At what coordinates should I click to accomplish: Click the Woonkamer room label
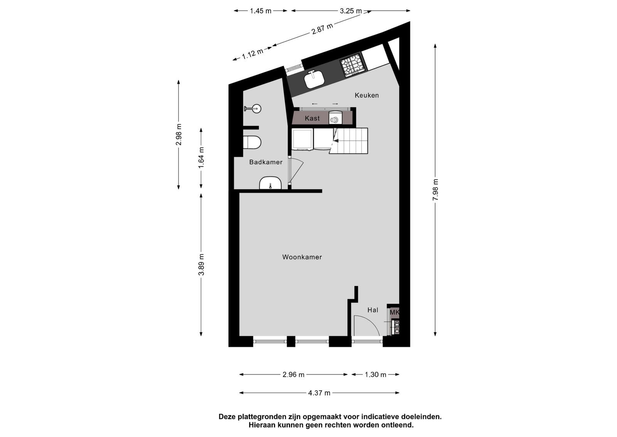click(x=302, y=257)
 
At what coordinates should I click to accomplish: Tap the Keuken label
click(x=367, y=95)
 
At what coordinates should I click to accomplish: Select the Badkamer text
click(x=266, y=162)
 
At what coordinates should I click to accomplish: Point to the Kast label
click(x=312, y=118)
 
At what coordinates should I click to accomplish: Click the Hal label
click(x=373, y=310)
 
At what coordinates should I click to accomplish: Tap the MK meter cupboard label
click(x=394, y=313)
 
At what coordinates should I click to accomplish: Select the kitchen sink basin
click(x=314, y=80)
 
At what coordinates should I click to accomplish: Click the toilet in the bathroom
click(x=252, y=142)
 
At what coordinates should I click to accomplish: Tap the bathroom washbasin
click(x=270, y=183)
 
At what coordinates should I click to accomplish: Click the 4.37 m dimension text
click(x=319, y=393)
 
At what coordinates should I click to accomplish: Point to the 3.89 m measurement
click(x=201, y=264)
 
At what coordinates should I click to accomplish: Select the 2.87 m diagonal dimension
click(x=322, y=29)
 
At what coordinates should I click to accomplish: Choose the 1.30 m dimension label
click(x=376, y=374)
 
